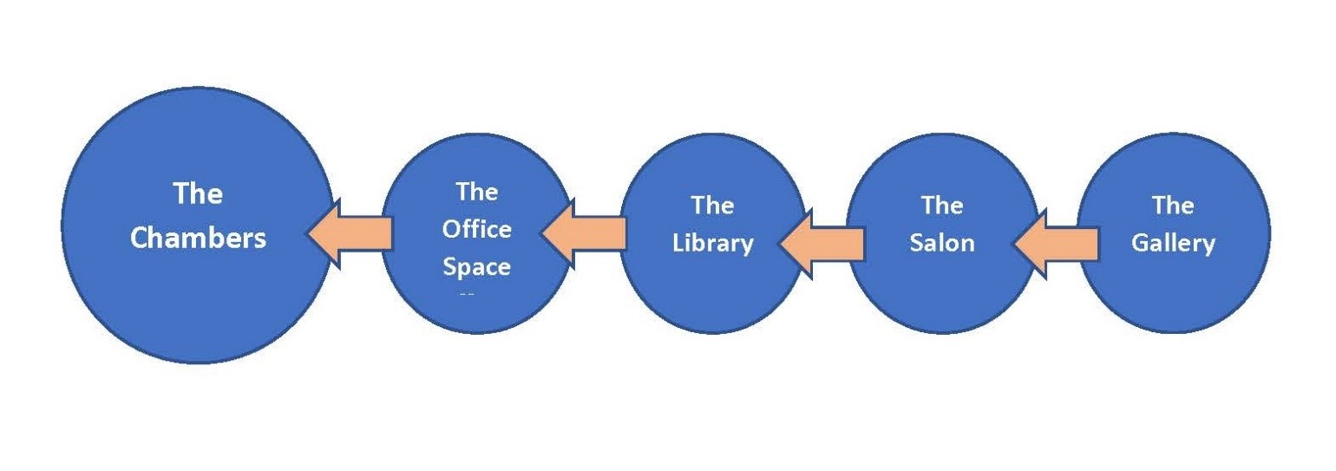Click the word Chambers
(x=198, y=238)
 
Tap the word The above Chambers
(x=198, y=193)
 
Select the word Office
(x=476, y=229)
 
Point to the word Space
(x=476, y=267)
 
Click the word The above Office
(x=476, y=192)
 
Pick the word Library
(x=713, y=243)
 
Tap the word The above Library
(x=713, y=205)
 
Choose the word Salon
(x=942, y=243)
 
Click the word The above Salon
(x=942, y=205)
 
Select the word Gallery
(x=1173, y=243)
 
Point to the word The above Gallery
(x=1173, y=205)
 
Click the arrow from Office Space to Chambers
(x=350, y=233)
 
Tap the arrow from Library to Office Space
(x=583, y=233)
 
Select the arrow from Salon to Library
(x=822, y=244)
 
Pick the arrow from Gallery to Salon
(x=1056, y=244)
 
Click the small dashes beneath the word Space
(x=467, y=294)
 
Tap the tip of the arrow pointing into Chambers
(x=307, y=233)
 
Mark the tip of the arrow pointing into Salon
(x=1013, y=244)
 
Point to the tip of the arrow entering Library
(x=780, y=244)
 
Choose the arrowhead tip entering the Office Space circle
(x=541, y=233)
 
